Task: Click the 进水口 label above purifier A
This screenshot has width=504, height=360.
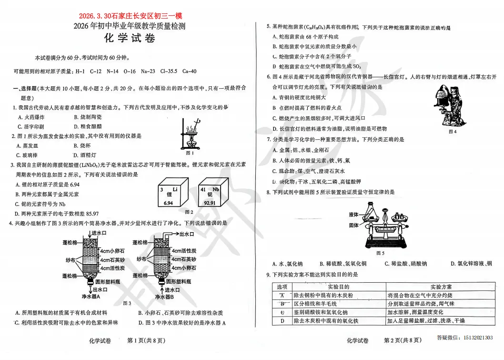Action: click(100, 233)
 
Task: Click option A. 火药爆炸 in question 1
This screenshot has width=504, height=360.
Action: click(31, 117)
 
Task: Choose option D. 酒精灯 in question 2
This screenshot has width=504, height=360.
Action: click(85, 155)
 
